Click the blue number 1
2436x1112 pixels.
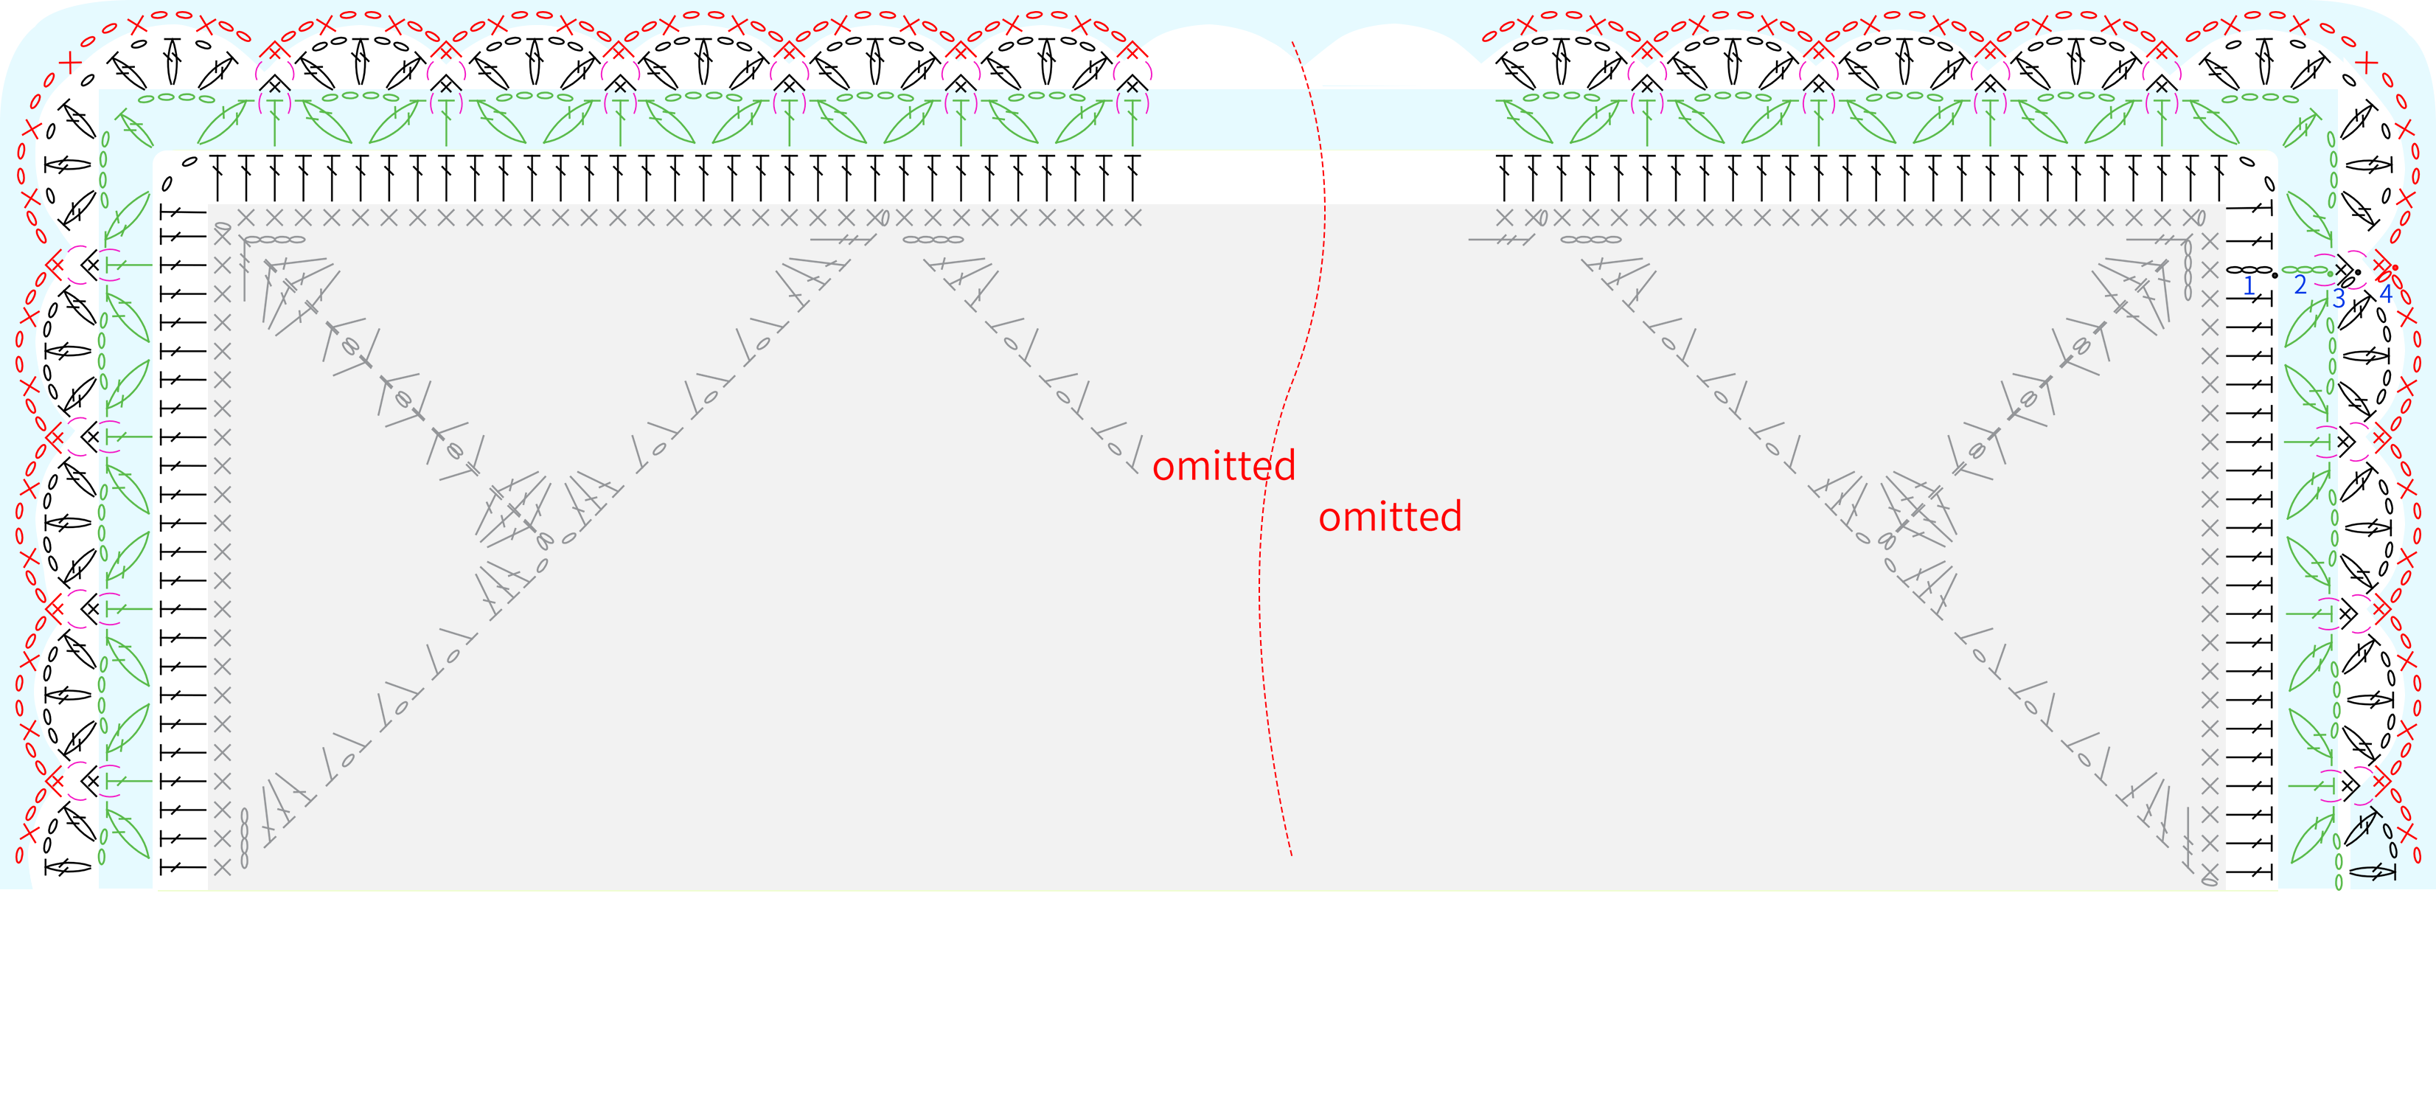[2249, 285]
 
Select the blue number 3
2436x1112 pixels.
[2339, 299]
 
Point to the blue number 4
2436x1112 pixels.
[2386, 294]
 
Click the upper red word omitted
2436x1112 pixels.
[1224, 466]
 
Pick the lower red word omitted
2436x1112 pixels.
[1390, 517]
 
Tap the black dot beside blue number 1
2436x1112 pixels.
[2275, 275]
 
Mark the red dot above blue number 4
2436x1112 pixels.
[2395, 268]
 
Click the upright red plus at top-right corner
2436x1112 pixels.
[2366, 63]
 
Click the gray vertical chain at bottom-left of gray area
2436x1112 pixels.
[244, 838]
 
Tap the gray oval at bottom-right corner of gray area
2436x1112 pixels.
[2209, 881]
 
